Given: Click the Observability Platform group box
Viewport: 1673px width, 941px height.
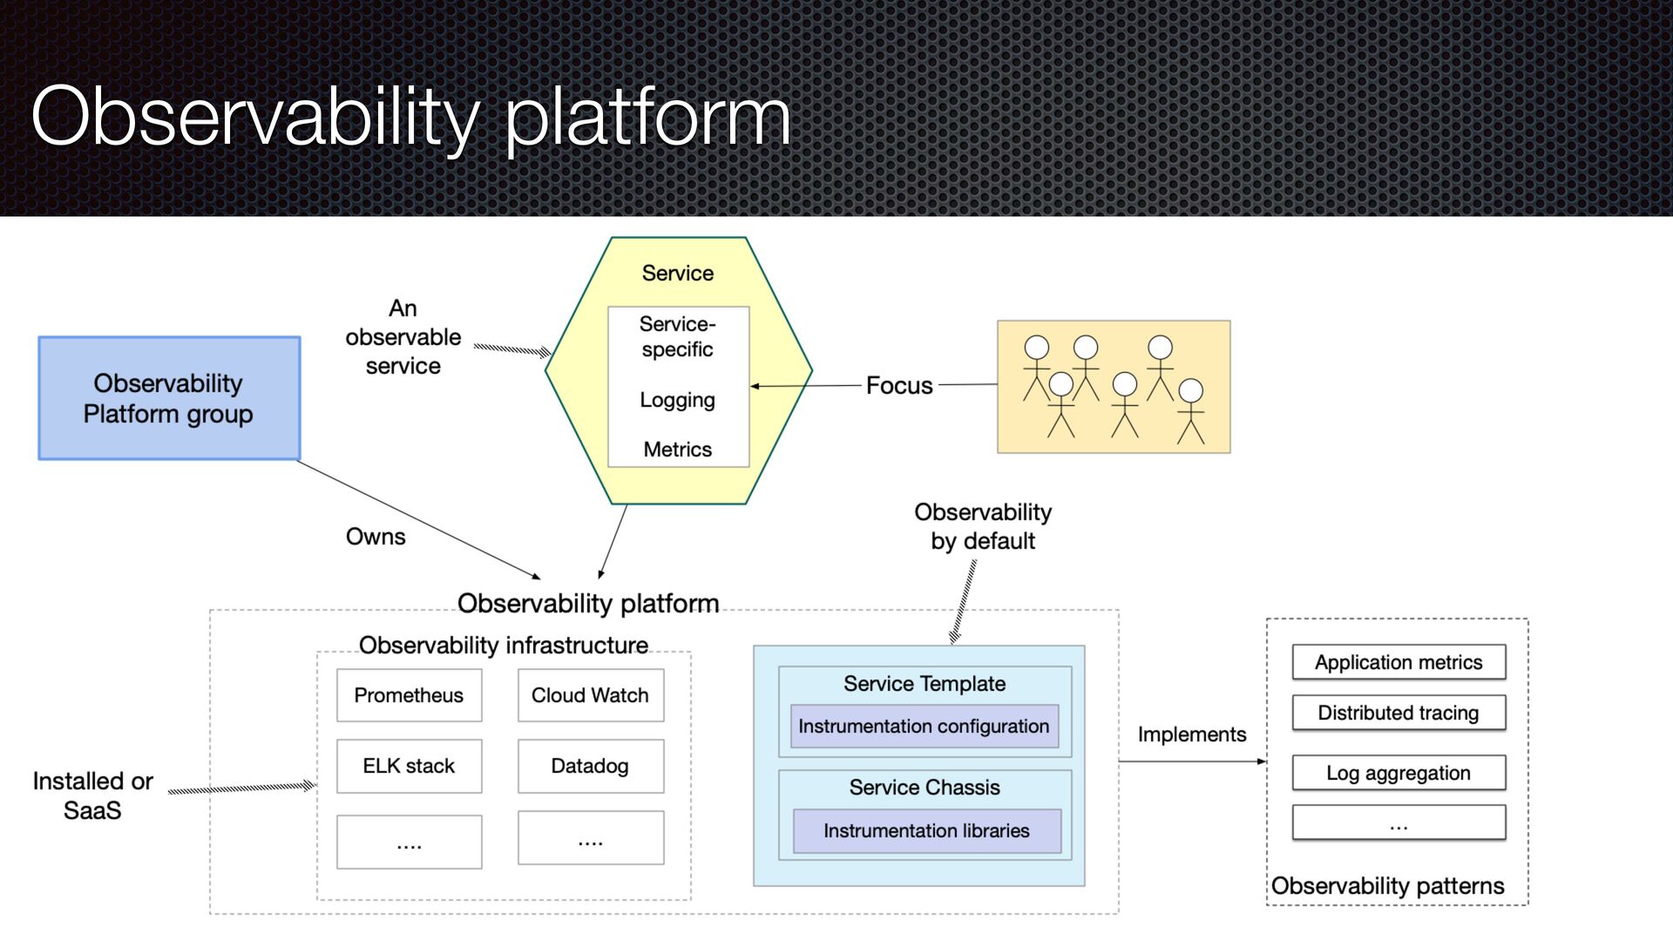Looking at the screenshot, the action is click(x=169, y=398).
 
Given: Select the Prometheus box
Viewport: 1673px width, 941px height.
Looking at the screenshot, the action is click(x=409, y=695).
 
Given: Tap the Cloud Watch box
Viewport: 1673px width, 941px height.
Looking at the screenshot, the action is click(x=591, y=695).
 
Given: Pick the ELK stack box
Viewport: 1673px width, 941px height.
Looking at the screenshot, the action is click(x=409, y=766).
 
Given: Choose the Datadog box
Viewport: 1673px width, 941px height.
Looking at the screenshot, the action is click(x=591, y=766).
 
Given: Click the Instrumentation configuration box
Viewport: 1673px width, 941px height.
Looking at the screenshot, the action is click(x=925, y=726).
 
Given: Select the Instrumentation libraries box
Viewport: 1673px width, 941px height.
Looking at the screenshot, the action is click(x=927, y=830).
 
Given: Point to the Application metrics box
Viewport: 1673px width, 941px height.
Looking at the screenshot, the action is click(x=1399, y=662).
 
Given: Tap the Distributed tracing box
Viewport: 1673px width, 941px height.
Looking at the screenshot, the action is click(x=1399, y=713).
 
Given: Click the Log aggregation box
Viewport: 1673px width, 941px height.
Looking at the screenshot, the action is click(x=1399, y=773).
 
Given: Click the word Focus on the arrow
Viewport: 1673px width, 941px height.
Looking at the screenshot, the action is click(x=899, y=385).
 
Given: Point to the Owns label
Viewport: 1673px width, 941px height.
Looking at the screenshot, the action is click(x=376, y=537).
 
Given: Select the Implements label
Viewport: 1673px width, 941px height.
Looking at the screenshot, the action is click(x=1192, y=735).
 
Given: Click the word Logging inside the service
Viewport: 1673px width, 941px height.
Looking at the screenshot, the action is click(x=678, y=400).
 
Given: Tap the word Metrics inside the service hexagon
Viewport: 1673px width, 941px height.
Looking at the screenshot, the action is click(x=678, y=450).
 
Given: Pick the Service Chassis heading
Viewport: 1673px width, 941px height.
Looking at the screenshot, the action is click(x=925, y=788).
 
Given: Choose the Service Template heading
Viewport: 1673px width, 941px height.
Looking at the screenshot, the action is click(x=925, y=684).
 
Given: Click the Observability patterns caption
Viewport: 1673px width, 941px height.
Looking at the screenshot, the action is click(x=1388, y=886).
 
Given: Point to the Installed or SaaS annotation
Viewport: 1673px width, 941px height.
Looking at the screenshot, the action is click(x=92, y=795).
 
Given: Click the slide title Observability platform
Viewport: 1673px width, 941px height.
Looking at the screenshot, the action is click(x=411, y=117).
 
